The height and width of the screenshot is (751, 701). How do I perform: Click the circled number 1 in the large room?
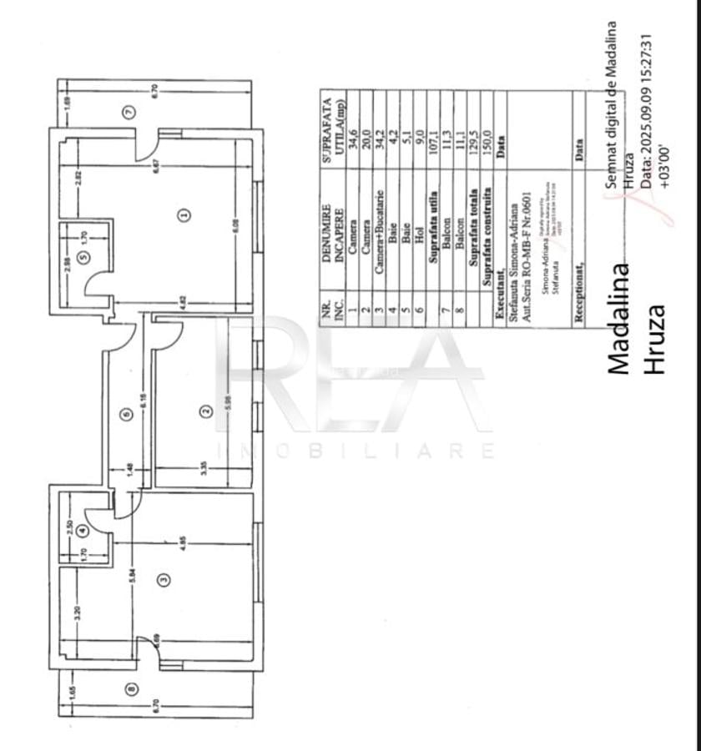(x=184, y=214)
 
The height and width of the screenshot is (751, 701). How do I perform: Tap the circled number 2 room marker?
(x=204, y=410)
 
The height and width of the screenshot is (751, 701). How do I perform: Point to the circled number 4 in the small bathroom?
(x=82, y=529)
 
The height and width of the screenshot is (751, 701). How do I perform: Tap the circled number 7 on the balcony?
(x=128, y=112)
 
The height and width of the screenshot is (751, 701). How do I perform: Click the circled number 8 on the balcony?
(x=129, y=688)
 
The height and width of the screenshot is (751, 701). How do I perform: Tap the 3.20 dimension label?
(x=77, y=612)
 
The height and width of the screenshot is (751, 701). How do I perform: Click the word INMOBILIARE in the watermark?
(x=355, y=451)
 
